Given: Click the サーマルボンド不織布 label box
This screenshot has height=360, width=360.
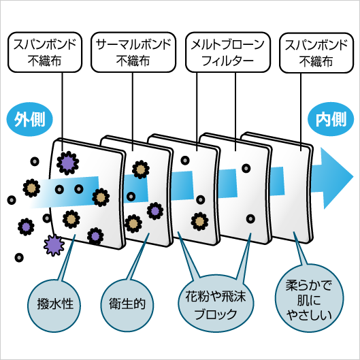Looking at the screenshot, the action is tap(133, 52).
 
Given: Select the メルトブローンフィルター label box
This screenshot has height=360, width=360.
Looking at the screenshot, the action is tap(228, 52).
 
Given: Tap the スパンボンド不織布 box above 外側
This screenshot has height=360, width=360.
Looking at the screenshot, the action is tap(45, 52).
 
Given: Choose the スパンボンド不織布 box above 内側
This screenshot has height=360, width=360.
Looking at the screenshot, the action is tap(316, 53).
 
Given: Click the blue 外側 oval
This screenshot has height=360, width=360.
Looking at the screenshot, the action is tap(30, 119).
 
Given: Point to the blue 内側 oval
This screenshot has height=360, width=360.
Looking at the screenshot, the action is tap(331, 119).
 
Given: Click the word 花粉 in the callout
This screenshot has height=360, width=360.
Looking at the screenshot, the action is tap(195, 296).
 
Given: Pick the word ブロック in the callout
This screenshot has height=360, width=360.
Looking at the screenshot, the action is tap(216, 314).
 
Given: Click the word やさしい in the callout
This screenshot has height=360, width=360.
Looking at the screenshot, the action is tap(310, 315).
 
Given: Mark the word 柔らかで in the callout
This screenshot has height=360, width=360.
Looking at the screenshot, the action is tap(309, 286).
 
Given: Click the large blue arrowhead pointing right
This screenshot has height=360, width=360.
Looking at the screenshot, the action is tap(336, 178).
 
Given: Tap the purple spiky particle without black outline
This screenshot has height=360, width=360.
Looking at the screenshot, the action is tap(54, 245).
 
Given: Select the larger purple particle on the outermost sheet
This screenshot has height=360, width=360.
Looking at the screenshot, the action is tap(68, 163).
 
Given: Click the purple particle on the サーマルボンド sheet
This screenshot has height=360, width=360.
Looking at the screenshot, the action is tap(155, 211).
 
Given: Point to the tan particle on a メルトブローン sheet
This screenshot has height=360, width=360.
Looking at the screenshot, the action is tap(200, 221).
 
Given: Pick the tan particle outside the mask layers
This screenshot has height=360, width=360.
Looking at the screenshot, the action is tap(31, 188).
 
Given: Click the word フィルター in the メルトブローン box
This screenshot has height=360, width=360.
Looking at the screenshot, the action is tap(227, 61).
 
